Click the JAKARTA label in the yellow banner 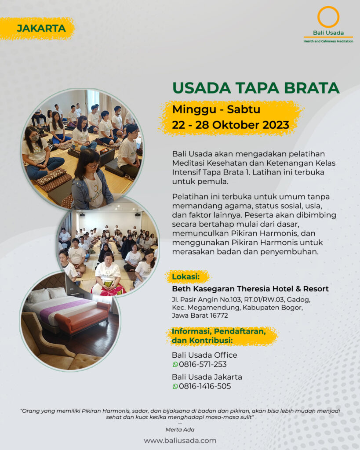pyautogui.click(x=41, y=29)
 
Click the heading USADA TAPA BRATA pyautogui.click(x=256, y=88)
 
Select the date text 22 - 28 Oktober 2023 pyautogui.click(x=230, y=125)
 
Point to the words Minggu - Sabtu pyautogui.click(x=216, y=109)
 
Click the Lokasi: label pyautogui.click(x=186, y=277)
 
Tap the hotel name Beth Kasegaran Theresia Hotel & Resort pyautogui.click(x=251, y=289)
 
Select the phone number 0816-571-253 pyautogui.click(x=203, y=364)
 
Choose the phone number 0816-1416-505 pyautogui.click(x=205, y=386)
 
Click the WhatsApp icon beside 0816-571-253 pyautogui.click(x=175, y=364)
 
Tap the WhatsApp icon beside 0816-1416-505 pyautogui.click(x=175, y=386)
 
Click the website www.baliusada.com pyautogui.click(x=180, y=440)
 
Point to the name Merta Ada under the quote pyautogui.click(x=180, y=430)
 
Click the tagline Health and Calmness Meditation pyautogui.click(x=328, y=41)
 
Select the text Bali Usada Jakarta pyautogui.click(x=207, y=377)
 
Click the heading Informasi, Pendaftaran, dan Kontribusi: pyautogui.click(x=219, y=336)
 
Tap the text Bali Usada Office pyautogui.click(x=205, y=355)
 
